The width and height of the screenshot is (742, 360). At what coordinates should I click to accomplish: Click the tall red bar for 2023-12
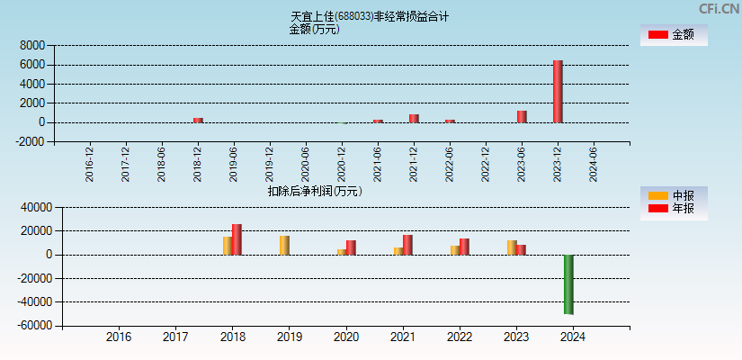558,91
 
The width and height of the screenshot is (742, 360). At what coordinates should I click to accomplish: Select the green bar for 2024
568,284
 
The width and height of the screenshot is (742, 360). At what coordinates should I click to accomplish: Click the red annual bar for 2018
237,239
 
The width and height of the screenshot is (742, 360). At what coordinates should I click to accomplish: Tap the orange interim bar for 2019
284,245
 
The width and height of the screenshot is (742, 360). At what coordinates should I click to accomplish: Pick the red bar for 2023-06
522,116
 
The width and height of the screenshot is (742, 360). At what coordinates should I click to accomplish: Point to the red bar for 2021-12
414,118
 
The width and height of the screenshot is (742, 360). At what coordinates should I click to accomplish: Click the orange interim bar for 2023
512,247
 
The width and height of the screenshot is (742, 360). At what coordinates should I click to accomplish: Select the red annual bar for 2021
407,245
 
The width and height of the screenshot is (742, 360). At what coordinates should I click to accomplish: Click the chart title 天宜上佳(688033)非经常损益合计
370,16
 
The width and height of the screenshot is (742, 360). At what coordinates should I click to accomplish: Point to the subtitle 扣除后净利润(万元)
314,191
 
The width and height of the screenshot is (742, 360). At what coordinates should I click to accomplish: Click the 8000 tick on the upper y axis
32,45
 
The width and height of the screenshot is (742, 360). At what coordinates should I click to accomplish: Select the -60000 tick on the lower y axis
29,326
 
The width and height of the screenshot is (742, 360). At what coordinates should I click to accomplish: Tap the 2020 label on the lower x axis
345,337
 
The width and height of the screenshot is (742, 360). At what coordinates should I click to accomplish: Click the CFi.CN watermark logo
719,8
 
